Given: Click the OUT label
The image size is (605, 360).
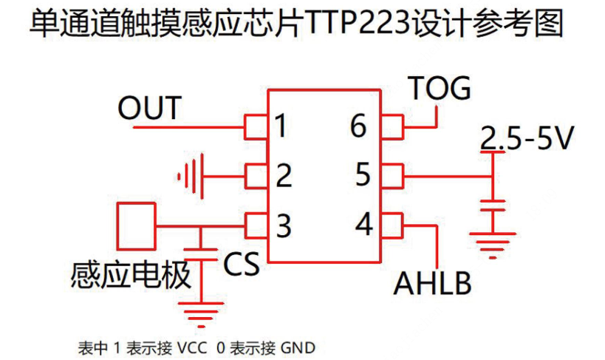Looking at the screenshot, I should click(149, 109).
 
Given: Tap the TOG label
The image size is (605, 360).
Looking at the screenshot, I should click(440, 89).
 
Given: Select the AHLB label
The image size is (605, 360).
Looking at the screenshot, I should click(432, 283).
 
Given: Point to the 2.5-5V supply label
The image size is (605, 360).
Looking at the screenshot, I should click(526, 139).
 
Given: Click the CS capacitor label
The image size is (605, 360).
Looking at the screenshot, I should click(242, 264).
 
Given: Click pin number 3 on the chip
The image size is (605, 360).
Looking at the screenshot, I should click(284, 225).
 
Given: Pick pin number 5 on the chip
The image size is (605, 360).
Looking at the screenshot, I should click(363, 176).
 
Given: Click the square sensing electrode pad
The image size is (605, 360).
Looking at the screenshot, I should click(137, 227).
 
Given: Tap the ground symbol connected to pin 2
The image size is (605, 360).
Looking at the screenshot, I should click(190, 176).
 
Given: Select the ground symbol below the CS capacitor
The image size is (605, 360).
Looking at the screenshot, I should click(200, 313).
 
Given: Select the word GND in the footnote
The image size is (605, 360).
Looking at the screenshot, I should click(298, 347).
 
